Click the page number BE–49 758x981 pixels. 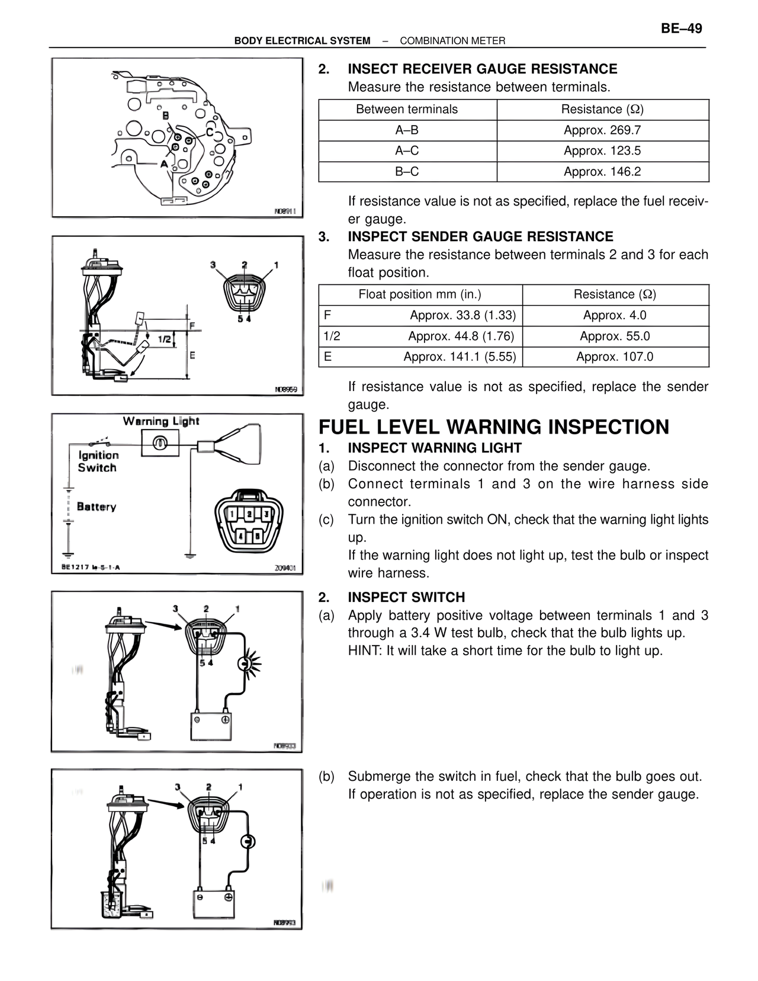pyautogui.click(x=681, y=28)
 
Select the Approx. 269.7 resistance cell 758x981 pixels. pyautogui.click(x=602, y=130)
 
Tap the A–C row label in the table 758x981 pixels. pyautogui.click(x=407, y=151)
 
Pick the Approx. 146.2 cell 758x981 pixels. pyautogui.click(x=602, y=172)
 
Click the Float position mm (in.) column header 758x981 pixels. pyautogui.click(x=420, y=294)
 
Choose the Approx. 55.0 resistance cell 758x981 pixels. pyautogui.click(x=615, y=336)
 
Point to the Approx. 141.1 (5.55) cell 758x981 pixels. pyautogui.click(x=460, y=357)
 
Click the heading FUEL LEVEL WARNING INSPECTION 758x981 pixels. pyautogui.click(x=494, y=427)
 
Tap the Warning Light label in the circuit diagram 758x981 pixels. pyautogui.click(x=161, y=421)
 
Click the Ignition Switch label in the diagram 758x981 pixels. pyautogui.click(x=98, y=461)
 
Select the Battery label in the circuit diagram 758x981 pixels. pyautogui.click(x=97, y=507)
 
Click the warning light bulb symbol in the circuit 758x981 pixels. pyautogui.click(x=160, y=443)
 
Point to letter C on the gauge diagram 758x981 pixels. pyautogui.click(x=210, y=132)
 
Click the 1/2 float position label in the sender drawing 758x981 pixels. pyautogui.click(x=165, y=339)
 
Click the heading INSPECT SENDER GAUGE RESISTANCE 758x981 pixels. pyautogui.click(x=480, y=237)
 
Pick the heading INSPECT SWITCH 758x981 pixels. pyautogui.click(x=406, y=597)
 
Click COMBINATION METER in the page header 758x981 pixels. pyautogui.click(x=452, y=41)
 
